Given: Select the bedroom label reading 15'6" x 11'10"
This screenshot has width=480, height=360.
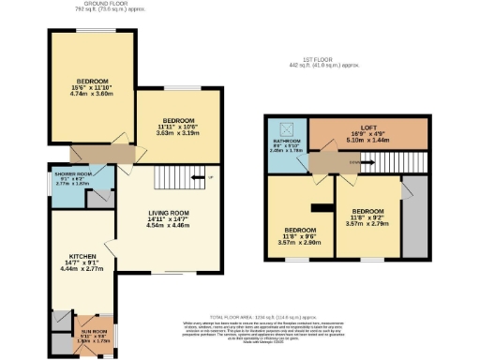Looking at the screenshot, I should [x=92, y=85].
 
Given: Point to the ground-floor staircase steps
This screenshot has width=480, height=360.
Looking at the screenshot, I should [x=171, y=177].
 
